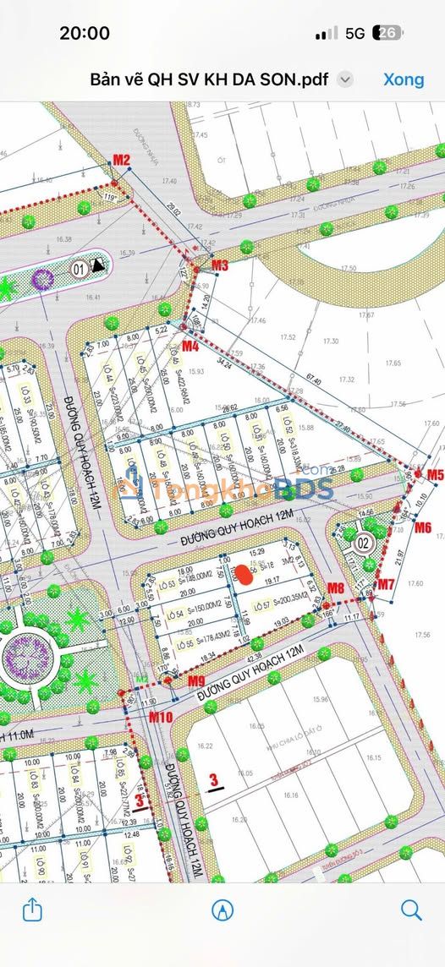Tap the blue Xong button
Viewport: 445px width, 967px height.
coord(404,79)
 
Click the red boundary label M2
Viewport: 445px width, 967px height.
coord(122,160)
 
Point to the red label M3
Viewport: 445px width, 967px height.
coord(220,265)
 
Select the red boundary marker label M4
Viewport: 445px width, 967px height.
coord(190,346)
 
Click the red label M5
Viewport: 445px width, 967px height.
coord(435,475)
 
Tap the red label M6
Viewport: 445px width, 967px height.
coord(423,527)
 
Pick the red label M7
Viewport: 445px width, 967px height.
coord(386,584)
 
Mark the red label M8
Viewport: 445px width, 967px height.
coord(336,587)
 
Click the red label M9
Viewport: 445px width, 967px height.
coord(196,680)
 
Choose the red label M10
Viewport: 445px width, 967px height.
coord(161,717)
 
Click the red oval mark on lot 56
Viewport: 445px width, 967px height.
coord(243,575)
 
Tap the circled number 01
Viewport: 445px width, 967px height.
coord(78,270)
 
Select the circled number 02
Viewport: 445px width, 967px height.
coord(365,543)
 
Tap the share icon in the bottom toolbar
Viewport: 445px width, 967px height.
coord(31,910)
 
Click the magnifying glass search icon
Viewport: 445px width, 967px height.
coord(411,910)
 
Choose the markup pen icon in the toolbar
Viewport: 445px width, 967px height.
coord(222,910)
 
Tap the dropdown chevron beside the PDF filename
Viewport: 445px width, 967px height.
coord(344,79)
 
